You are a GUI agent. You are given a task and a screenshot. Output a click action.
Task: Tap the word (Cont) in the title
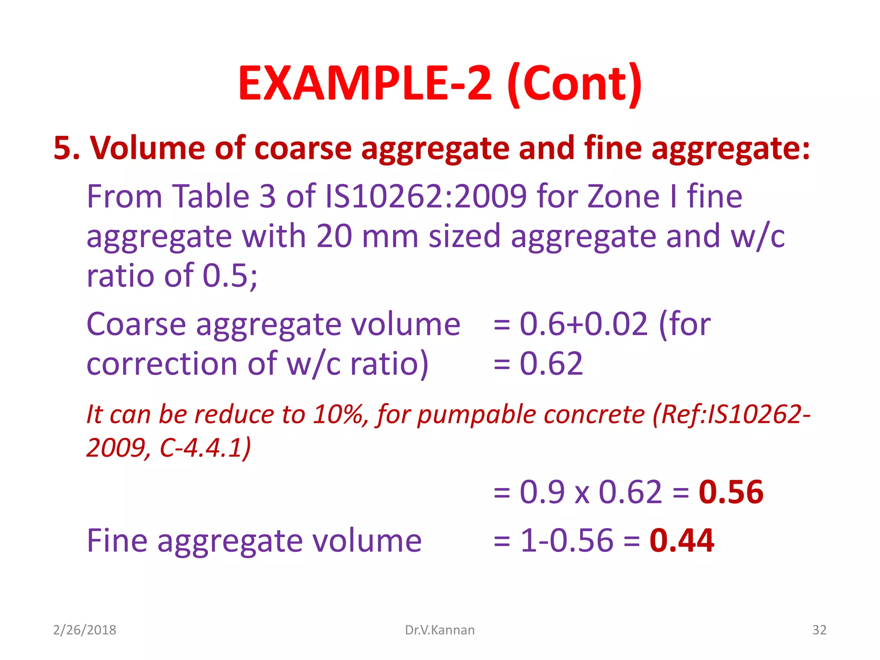[x=574, y=84]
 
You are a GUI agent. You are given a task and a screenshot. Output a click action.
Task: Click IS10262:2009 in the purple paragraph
[x=426, y=196]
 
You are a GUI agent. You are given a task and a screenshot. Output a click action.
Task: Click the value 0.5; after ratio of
[x=230, y=276]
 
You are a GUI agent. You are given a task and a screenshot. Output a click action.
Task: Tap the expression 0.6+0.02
[x=584, y=324]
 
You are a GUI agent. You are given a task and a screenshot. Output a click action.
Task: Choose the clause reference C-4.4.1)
[x=205, y=448]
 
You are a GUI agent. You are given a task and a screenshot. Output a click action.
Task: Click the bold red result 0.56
[x=731, y=492]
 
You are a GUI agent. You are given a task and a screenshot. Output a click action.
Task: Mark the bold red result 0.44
[x=681, y=541]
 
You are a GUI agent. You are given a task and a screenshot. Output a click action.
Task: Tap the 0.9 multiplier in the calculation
[x=542, y=492]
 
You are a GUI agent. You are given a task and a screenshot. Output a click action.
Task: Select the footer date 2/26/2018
[x=85, y=630]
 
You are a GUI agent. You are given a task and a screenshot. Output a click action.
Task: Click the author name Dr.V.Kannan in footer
[x=440, y=630]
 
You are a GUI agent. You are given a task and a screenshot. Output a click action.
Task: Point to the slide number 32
[x=819, y=630]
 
